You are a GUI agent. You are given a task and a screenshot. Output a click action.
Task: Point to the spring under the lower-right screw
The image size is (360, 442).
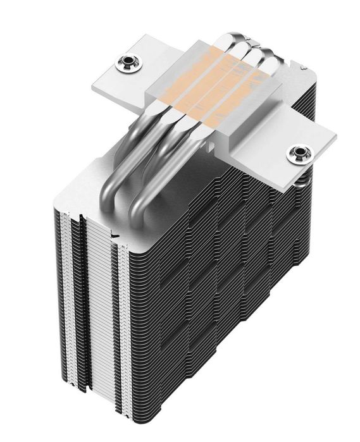[302, 180]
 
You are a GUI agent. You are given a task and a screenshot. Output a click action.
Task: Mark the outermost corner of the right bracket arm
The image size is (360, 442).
[335, 135]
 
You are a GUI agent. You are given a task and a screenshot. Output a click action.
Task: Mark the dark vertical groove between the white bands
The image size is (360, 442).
[78, 304]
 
